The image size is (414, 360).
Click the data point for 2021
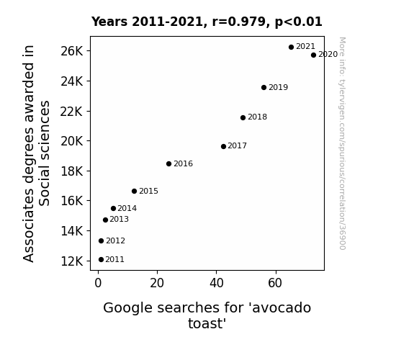(x=291, y=48)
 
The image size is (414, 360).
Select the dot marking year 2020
(x=313, y=55)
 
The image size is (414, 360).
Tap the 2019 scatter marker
(x=264, y=87)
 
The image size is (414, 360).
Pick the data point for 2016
(x=169, y=163)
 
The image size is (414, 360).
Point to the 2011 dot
(x=101, y=260)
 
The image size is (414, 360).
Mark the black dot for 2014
(x=114, y=208)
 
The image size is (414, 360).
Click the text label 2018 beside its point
(x=258, y=117)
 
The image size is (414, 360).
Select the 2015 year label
(x=148, y=191)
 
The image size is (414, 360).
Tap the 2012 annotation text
(x=116, y=240)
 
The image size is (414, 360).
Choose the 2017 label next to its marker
(x=238, y=145)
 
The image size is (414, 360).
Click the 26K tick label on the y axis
(x=72, y=51)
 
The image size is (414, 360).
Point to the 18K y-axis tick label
(x=72, y=171)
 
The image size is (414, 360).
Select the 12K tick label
(x=72, y=261)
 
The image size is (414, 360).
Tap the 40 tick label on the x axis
(x=217, y=283)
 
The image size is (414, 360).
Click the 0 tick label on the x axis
(x=98, y=283)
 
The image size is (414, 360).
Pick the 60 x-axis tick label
(x=275, y=283)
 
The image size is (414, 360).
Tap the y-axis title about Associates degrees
(x=36, y=153)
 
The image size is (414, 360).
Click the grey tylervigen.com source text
(x=342, y=143)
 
